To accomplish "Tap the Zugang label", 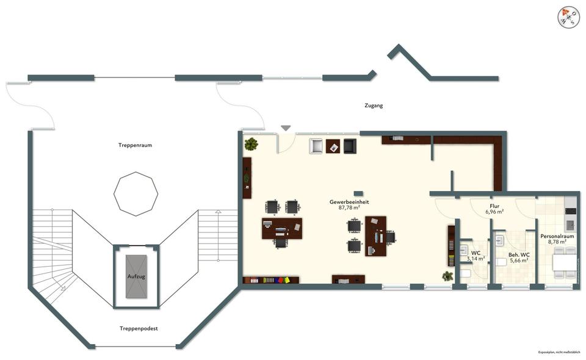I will (373, 106).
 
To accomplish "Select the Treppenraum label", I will (135, 145).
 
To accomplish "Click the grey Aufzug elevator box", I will (136, 276).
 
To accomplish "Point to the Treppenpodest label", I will (139, 328).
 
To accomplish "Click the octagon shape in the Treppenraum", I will (136, 193).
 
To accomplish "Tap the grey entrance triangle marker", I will (286, 128).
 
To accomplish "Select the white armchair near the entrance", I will (317, 146).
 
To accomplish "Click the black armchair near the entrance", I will (349, 146).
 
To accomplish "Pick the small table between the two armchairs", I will (333, 146).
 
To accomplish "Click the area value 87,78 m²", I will (349, 208).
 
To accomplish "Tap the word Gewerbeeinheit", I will (349, 201).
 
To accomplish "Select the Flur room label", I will (494, 206).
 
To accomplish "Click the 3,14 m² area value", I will (476, 259).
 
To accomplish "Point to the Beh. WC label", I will (519, 254).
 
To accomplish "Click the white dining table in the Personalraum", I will (564, 262).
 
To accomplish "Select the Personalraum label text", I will (557, 236).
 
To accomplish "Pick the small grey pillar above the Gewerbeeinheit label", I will (358, 193).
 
